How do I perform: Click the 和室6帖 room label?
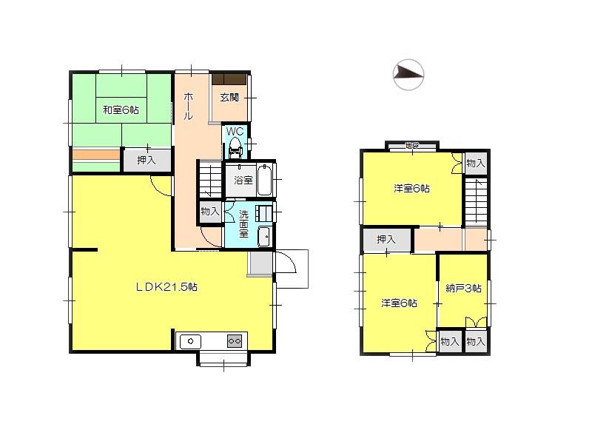(x=121, y=110)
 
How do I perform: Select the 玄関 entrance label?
(x=229, y=97)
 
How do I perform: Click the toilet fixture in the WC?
(x=235, y=147)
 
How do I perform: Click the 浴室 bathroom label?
(x=243, y=181)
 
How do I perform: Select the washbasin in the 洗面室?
(x=263, y=237)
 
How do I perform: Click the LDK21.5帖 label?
(x=165, y=286)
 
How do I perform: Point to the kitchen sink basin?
(x=191, y=340)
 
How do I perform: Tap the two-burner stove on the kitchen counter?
(x=234, y=340)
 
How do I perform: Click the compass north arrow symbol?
(x=408, y=73)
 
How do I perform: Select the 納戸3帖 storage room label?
(x=463, y=289)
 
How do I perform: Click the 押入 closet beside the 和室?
(x=147, y=160)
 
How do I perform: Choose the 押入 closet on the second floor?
(x=386, y=240)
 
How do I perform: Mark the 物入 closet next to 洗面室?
(x=210, y=212)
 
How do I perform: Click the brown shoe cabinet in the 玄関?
(x=229, y=79)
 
